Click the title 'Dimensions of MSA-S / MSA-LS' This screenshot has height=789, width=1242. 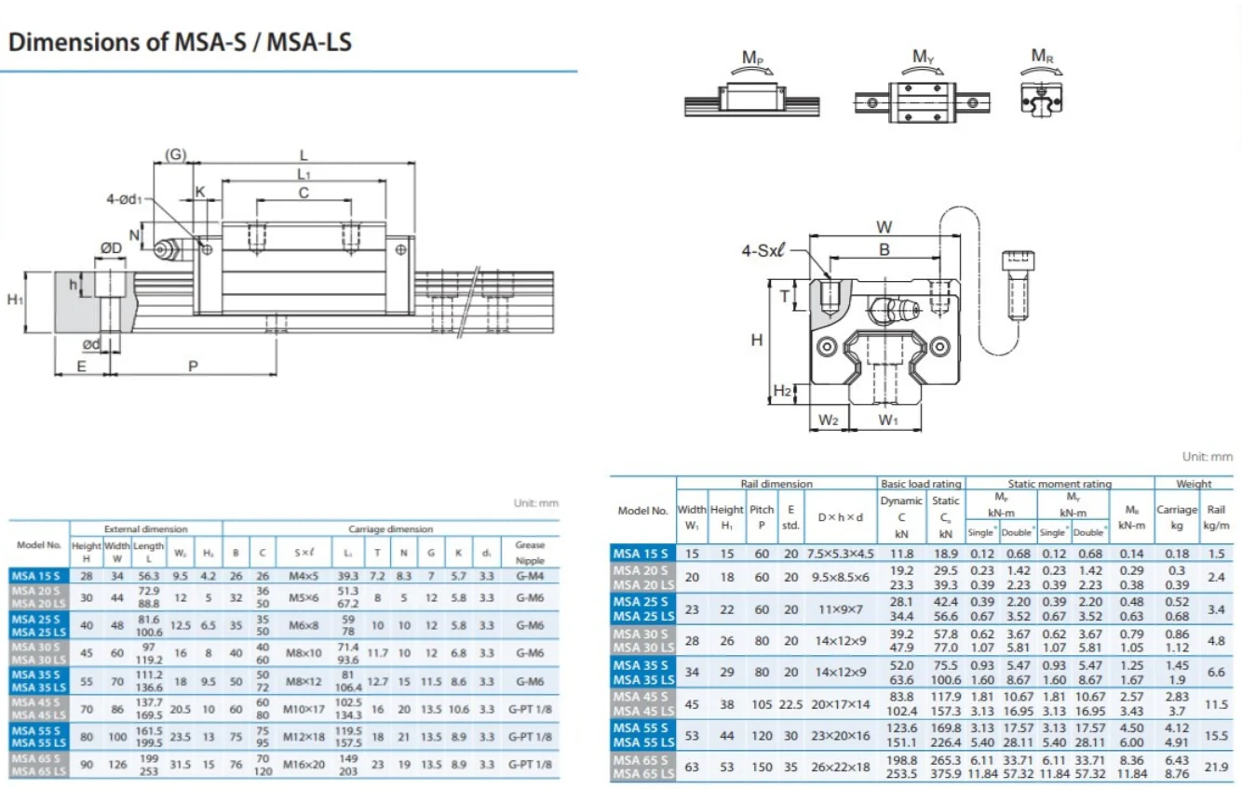(x=180, y=42)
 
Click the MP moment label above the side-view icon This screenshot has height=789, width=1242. (x=753, y=58)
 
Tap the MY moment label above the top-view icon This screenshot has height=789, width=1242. (x=922, y=58)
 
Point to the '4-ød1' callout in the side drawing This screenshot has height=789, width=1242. (x=126, y=199)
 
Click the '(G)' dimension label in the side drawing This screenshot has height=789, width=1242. (x=175, y=154)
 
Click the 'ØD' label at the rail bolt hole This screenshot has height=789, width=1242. (x=112, y=248)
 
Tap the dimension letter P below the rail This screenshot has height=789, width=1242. (x=193, y=367)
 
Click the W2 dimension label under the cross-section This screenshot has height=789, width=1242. (x=828, y=421)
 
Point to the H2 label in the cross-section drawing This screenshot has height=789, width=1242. (x=782, y=392)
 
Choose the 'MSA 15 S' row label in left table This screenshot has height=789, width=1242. (x=38, y=576)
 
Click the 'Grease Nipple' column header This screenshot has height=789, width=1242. (x=529, y=552)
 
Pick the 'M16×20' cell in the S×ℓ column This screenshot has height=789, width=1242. (x=304, y=764)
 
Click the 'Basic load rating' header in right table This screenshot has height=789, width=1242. (x=921, y=484)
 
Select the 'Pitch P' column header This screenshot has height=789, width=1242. (x=762, y=516)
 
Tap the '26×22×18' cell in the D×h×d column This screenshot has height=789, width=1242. (x=841, y=767)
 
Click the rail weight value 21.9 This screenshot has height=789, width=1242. (x=1216, y=767)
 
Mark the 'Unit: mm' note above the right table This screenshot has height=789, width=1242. (x=1207, y=457)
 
